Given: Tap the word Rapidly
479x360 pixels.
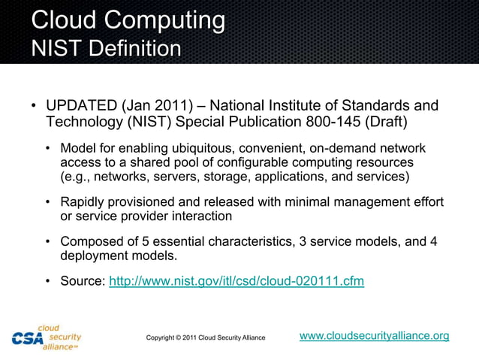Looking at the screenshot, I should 83,202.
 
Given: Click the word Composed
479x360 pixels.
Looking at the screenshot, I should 90,241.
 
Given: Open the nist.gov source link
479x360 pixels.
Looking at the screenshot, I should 236,281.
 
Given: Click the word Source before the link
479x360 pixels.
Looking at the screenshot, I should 83,281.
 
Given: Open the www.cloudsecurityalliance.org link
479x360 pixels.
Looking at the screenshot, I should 374,335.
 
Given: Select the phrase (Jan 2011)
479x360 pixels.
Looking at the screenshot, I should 152,104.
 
